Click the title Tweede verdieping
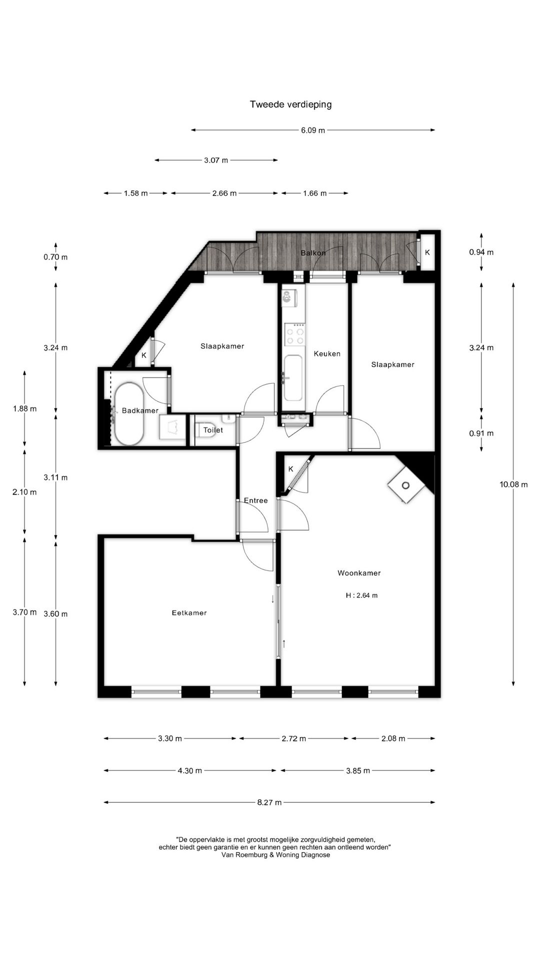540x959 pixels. click(x=290, y=104)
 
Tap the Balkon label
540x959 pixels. click(x=313, y=253)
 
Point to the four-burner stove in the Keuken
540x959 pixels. click(x=294, y=334)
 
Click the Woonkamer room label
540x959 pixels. click(x=359, y=573)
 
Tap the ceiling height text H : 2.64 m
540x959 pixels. click(x=361, y=595)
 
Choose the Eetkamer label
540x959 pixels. click(x=189, y=613)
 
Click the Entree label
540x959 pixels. click(x=256, y=500)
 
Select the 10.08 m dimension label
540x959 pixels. click(x=513, y=484)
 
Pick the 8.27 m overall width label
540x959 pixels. click(x=269, y=802)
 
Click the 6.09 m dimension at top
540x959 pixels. click(x=313, y=130)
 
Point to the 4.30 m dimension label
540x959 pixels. click(x=190, y=770)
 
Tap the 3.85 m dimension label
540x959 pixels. click(x=358, y=770)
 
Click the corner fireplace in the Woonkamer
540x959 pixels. click(x=406, y=485)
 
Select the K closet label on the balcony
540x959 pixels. click(x=427, y=253)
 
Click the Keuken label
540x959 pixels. click(x=327, y=354)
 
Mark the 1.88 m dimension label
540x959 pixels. click(x=24, y=409)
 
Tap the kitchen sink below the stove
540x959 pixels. click(x=293, y=378)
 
